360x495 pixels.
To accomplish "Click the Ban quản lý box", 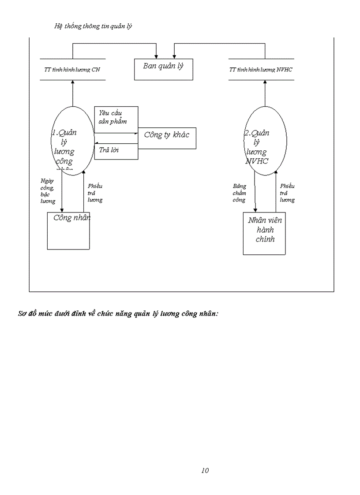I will coord(163,69).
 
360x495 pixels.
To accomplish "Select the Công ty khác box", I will coord(167,138).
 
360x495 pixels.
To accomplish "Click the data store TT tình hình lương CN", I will coord(72,70).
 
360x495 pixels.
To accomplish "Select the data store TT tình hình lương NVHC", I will coord(261,70).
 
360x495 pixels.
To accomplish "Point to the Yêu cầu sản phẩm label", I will coord(113,118).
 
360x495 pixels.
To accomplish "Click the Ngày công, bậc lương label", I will coord(48,191).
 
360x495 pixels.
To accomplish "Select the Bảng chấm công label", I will coord(240,193).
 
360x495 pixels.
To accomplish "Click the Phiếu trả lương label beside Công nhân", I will coord(95,193).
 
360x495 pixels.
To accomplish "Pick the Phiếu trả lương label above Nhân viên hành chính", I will coord(287,193).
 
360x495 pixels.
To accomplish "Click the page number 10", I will coord(205,470).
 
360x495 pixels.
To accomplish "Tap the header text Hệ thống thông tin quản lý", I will coord(93,26).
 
